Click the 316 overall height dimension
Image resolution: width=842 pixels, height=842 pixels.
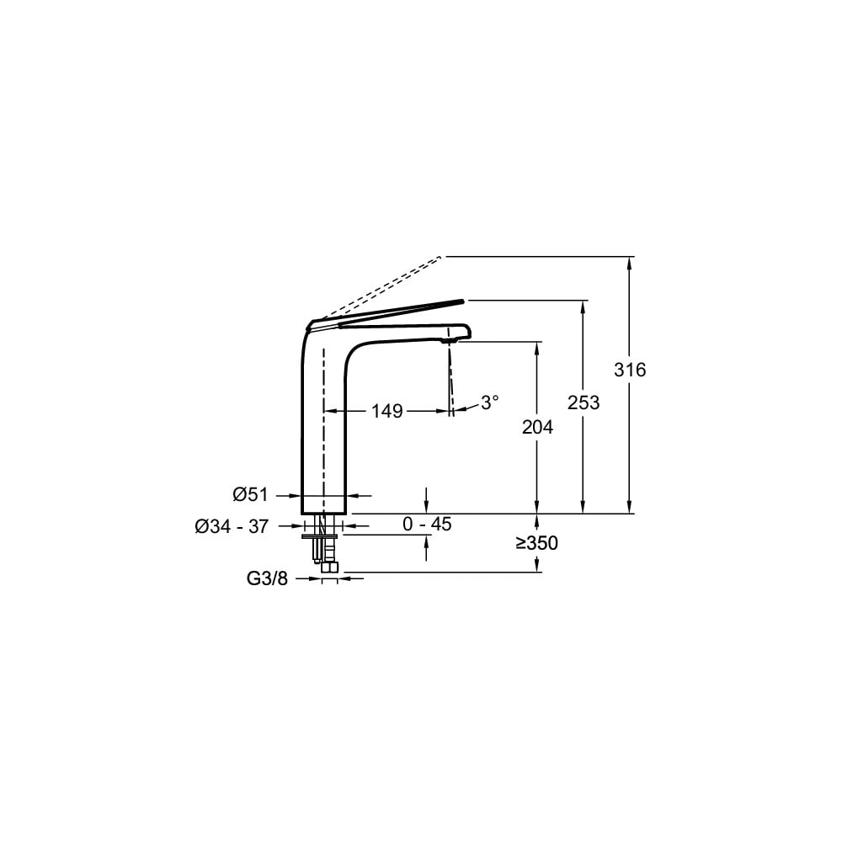(x=630, y=370)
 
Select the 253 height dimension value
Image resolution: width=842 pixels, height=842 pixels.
(x=584, y=402)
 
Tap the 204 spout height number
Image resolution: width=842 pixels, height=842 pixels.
(x=537, y=427)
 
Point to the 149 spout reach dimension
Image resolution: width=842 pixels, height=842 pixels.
(x=387, y=412)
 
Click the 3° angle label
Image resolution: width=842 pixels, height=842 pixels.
(x=489, y=402)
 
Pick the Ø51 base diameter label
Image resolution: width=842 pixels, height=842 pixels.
(x=250, y=494)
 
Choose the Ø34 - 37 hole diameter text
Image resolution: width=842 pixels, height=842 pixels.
(x=232, y=527)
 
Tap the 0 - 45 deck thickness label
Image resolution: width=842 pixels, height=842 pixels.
(x=427, y=524)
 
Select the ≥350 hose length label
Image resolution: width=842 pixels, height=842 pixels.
(x=537, y=543)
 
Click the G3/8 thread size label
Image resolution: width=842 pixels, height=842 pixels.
(x=267, y=578)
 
